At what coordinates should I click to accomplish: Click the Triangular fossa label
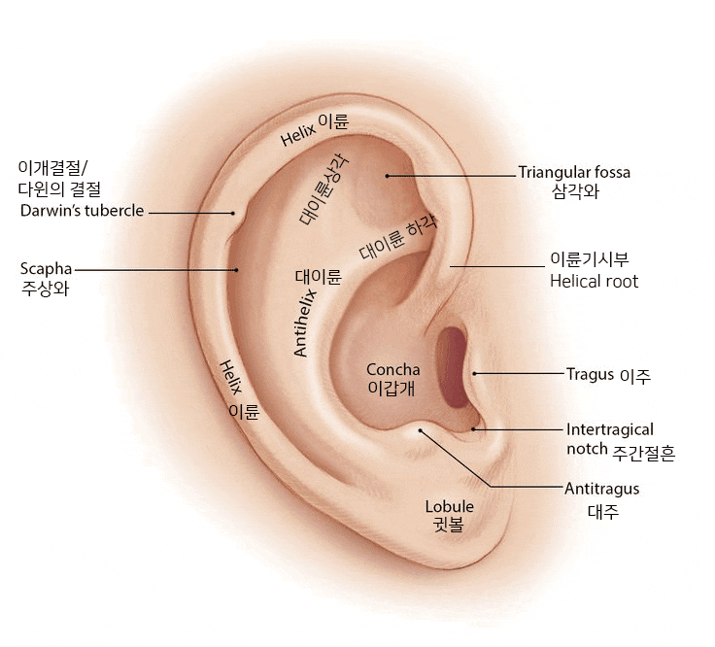(574, 172)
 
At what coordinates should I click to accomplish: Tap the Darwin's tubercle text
(82, 211)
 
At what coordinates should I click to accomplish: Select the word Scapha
(46, 269)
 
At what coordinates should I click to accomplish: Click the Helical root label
(594, 282)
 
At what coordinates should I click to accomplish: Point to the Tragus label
(590, 374)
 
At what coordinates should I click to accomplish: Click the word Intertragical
(610, 429)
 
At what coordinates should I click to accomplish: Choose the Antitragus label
(602, 489)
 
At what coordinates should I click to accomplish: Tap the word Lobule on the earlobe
(449, 506)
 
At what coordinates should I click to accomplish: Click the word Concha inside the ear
(393, 369)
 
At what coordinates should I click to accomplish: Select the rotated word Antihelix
(305, 323)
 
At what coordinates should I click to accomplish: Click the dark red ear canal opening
(452, 367)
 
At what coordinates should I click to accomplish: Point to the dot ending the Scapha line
(236, 270)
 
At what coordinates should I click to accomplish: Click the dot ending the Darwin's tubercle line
(232, 213)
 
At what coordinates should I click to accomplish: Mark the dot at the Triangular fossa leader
(387, 176)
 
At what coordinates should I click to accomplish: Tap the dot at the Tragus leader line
(474, 373)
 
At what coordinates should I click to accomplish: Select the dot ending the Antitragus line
(421, 430)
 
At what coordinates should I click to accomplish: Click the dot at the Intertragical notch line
(473, 429)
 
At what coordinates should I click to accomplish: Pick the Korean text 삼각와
(575, 191)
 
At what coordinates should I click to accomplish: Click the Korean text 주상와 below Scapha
(45, 289)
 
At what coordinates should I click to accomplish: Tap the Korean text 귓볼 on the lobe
(448, 525)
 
